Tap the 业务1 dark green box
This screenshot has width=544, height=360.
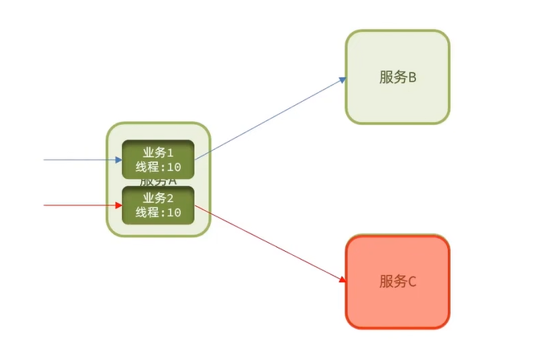point(158,159)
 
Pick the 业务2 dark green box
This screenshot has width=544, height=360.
point(158,204)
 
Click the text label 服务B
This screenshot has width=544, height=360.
point(398,78)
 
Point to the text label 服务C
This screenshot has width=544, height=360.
point(398,281)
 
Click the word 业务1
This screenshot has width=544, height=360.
point(158,152)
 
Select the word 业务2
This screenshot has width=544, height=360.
point(158,198)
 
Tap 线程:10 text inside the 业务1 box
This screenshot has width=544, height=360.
point(158,167)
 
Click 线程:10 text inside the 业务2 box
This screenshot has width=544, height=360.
point(158,212)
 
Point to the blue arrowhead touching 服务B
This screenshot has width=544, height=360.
point(343,79)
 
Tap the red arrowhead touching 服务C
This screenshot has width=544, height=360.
point(343,280)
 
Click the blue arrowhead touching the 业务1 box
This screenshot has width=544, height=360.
point(119,160)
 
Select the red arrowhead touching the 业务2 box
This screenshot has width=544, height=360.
point(119,205)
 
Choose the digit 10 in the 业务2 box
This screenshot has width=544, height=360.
point(174,212)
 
